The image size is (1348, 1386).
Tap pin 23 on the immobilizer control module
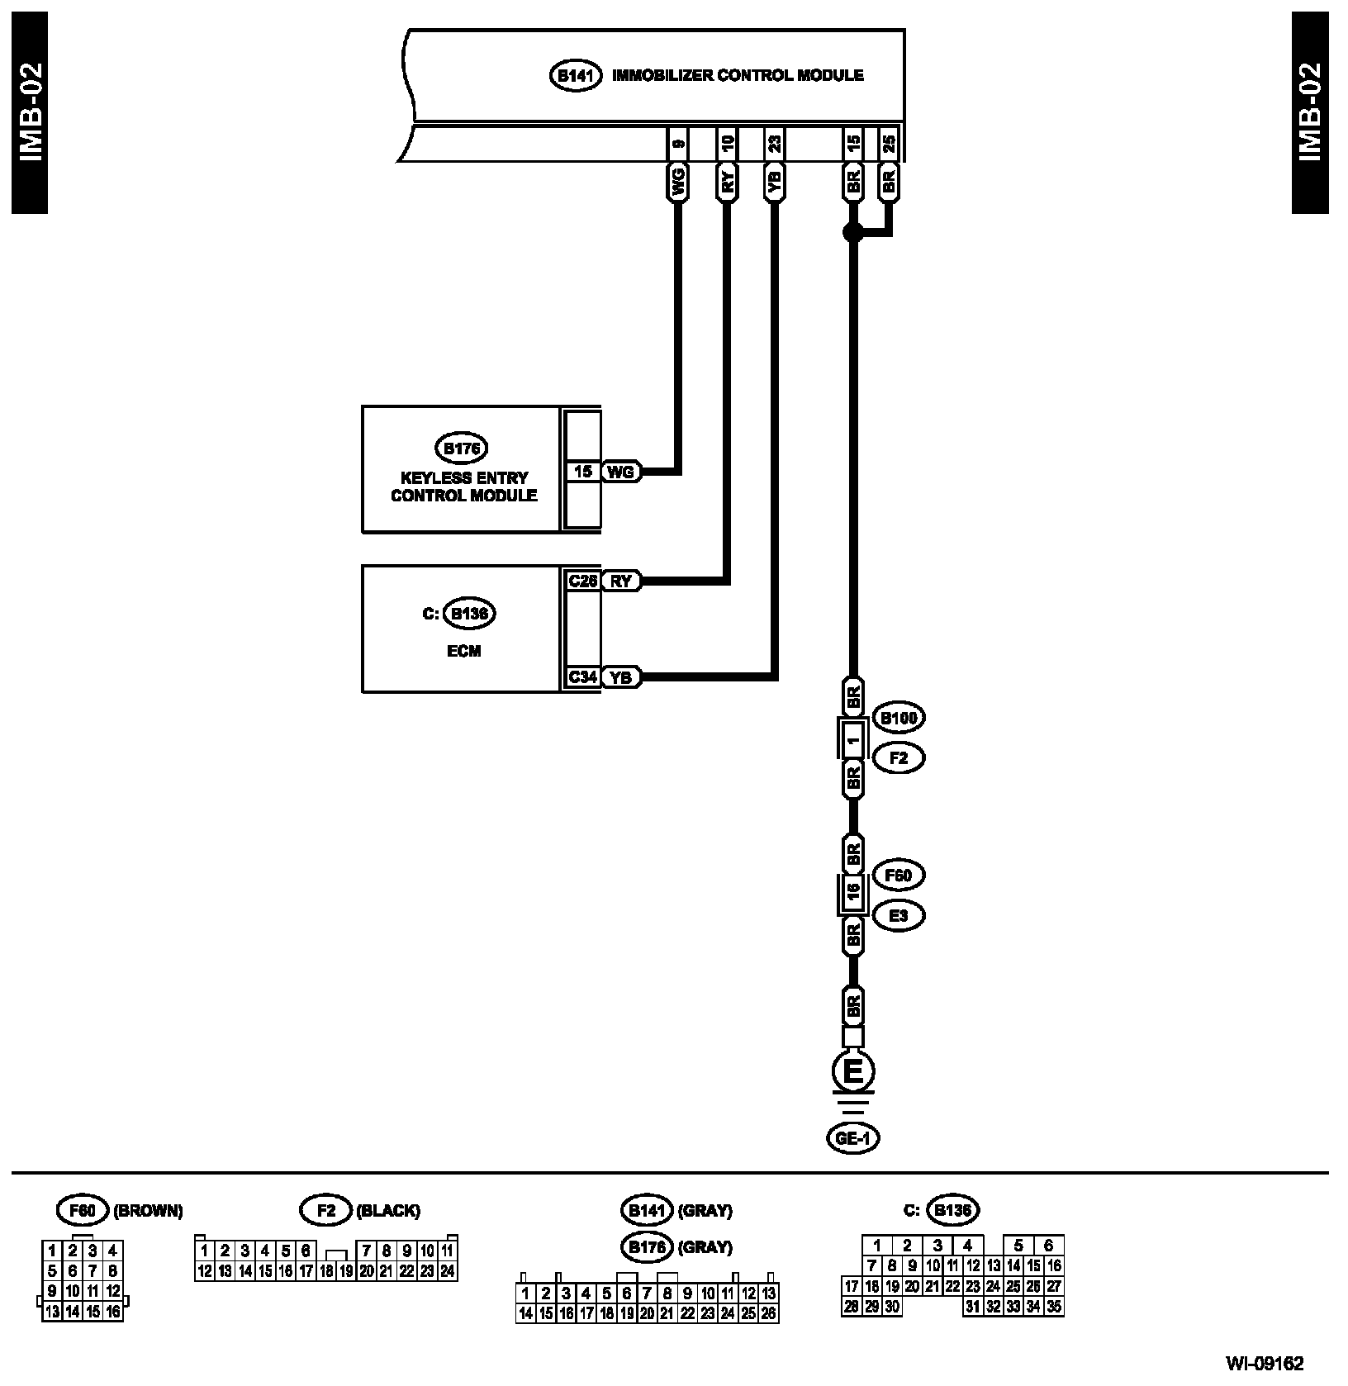(x=774, y=144)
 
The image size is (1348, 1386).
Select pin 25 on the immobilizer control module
(x=888, y=144)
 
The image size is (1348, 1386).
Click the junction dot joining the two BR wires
(x=853, y=233)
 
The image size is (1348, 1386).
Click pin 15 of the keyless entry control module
(x=583, y=472)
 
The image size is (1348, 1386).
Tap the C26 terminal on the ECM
(x=582, y=581)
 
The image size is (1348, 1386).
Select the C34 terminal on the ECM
(x=582, y=677)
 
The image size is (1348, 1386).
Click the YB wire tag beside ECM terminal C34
(x=620, y=677)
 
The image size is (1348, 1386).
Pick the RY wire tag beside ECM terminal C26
(x=620, y=581)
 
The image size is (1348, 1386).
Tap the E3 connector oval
(x=899, y=915)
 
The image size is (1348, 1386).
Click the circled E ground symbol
(x=853, y=1072)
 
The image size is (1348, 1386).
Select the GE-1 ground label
(x=853, y=1138)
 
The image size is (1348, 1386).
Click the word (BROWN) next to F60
(x=148, y=1211)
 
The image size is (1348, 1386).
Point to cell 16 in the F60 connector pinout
(x=113, y=1311)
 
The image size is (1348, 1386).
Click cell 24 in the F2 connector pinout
(x=447, y=1271)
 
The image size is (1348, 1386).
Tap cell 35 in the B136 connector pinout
(x=1053, y=1306)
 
